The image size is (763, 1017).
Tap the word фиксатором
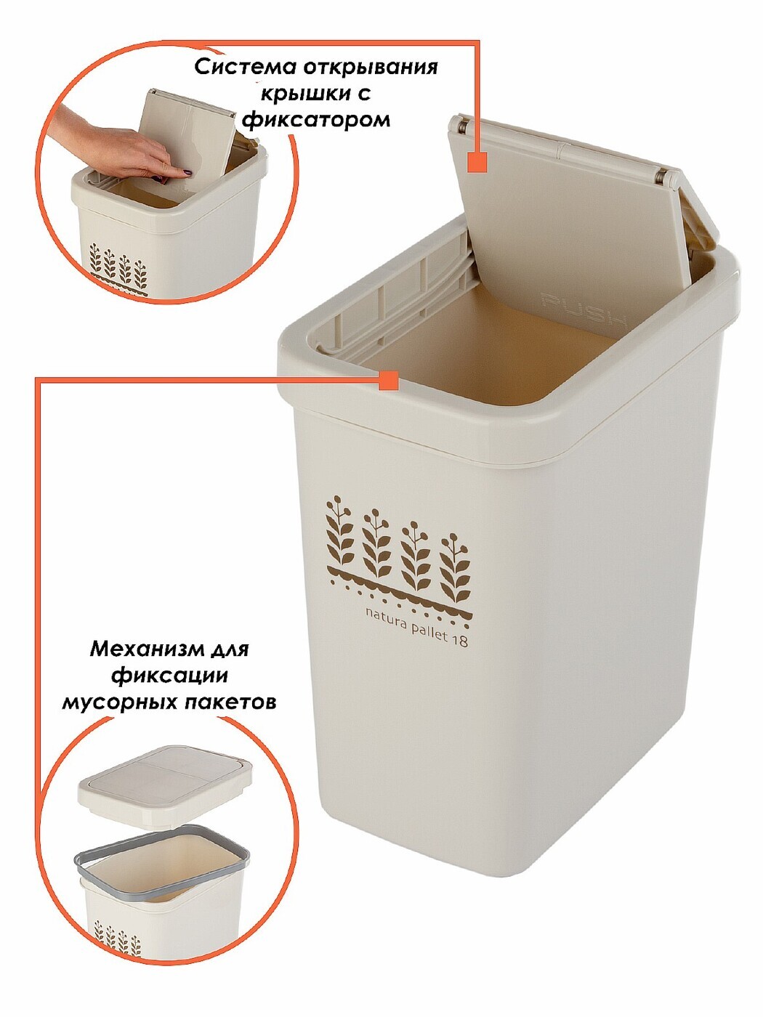(316, 121)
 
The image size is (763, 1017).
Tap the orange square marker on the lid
(477, 162)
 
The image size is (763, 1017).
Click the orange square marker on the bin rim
(388, 380)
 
